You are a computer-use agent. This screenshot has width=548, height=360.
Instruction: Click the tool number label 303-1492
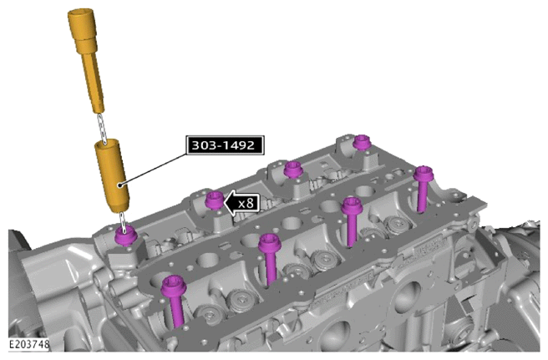(x=225, y=145)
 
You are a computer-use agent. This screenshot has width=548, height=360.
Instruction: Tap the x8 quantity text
(x=246, y=203)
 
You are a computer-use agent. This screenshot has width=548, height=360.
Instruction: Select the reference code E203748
(x=29, y=344)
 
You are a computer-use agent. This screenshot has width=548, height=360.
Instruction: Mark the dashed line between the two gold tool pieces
(x=101, y=127)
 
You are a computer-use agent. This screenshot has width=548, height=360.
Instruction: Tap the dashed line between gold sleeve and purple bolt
(x=123, y=221)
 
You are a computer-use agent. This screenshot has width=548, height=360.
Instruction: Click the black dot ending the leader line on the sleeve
(x=120, y=185)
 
